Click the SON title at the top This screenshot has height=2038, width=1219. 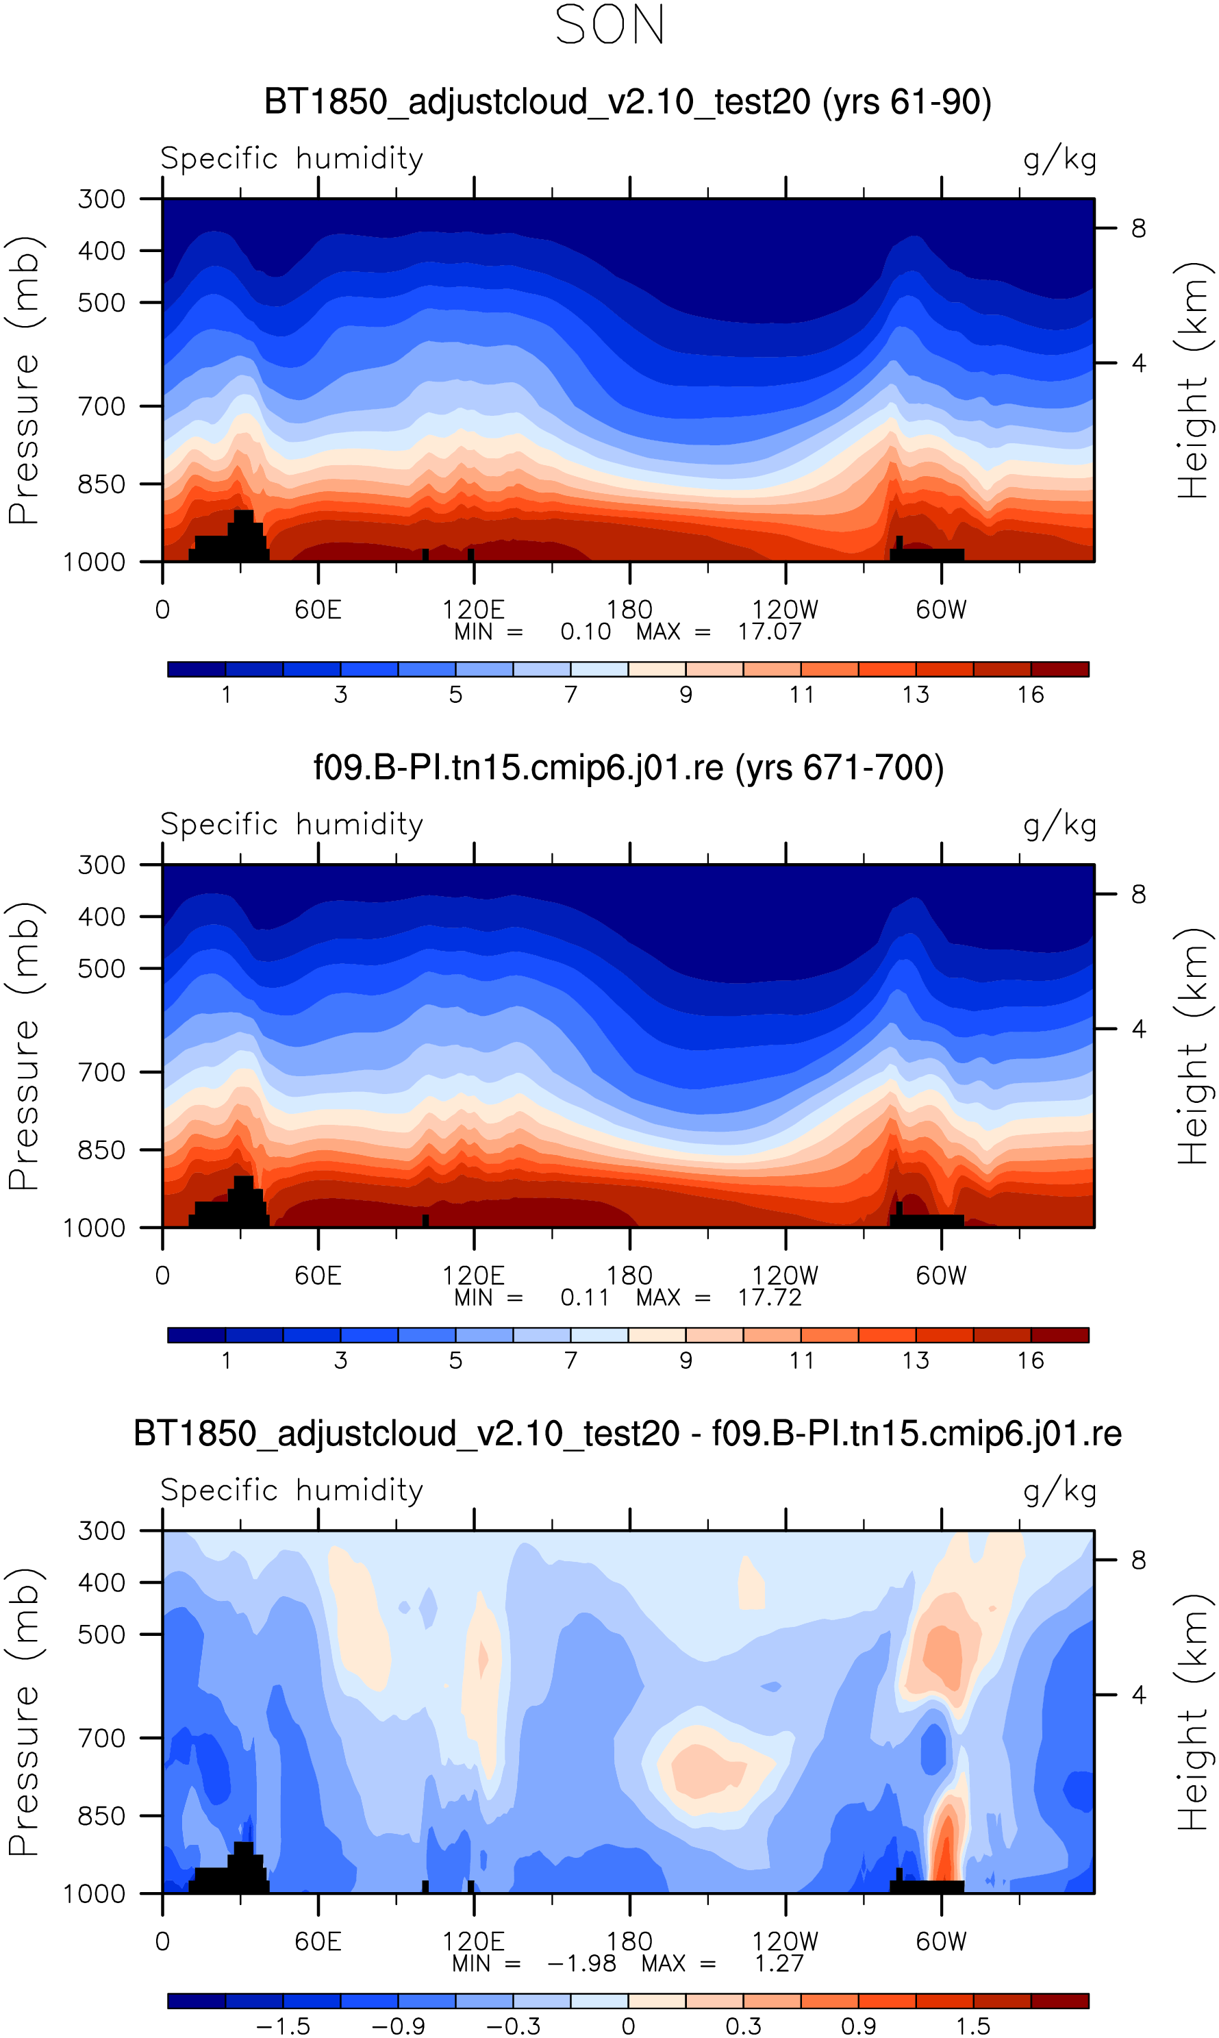click(609, 25)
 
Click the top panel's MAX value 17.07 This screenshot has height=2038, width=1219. click(769, 632)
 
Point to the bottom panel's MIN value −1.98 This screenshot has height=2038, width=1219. click(581, 1963)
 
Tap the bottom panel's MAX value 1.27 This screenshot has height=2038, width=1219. click(779, 1963)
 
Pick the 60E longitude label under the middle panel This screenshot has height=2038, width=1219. click(318, 1276)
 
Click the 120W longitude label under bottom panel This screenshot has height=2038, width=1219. click(786, 1942)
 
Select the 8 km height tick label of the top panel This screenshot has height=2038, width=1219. click(1138, 228)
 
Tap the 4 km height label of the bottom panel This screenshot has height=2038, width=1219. click(1138, 1695)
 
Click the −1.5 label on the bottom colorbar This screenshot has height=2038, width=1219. click(284, 2026)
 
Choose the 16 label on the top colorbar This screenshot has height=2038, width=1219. click(1031, 695)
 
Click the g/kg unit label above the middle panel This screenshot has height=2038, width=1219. click(1059, 825)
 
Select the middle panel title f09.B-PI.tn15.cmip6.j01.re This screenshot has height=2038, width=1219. click(629, 767)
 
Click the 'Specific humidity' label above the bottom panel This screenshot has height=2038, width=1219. click(292, 1490)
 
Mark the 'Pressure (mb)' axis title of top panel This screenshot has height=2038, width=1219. click(25, 380)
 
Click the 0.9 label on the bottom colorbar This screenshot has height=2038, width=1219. click(858, 2026)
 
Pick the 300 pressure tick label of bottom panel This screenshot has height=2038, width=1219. click(101, 1531)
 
